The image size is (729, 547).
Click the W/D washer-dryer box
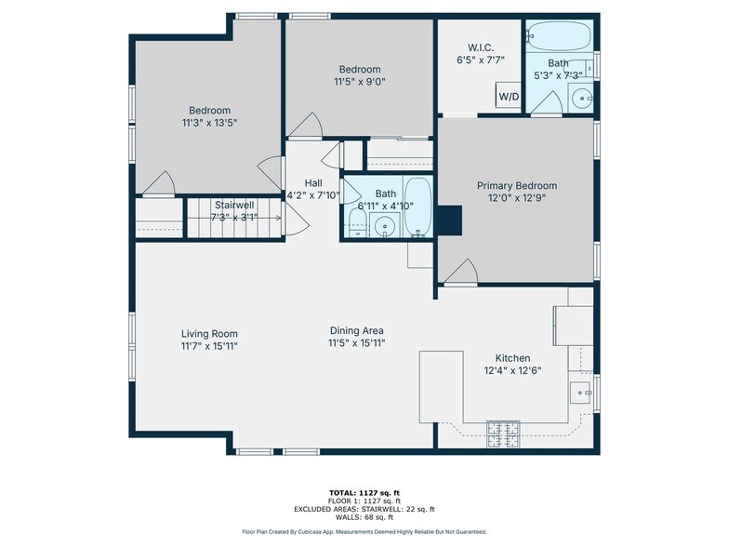coord(508,95)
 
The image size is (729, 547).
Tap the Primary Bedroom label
coord(517,186)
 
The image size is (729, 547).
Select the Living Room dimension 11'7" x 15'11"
coord(210,346)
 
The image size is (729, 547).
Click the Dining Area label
coord(357,331)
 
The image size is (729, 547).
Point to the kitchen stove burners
coord(503,434)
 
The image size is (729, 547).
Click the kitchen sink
coord(580,393)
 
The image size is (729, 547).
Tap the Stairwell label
coord(234,205)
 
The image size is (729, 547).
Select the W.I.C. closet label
coord(481,47)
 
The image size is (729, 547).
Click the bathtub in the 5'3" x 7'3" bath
coord(560,36)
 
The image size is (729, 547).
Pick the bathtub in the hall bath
coord(418,207)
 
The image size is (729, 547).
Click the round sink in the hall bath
coord(384,226)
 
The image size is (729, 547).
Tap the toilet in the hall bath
coord(357,223)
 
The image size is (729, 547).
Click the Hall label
coord(313,183)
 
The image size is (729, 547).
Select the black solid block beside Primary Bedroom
coord(449,220)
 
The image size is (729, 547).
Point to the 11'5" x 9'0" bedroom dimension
coord(360,82)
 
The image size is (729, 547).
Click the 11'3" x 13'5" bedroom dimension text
coord(210,123)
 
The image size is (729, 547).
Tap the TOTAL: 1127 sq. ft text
coord(364,493)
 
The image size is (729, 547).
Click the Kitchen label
coord(512,358)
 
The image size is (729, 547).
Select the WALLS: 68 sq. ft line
coord(364,517)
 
